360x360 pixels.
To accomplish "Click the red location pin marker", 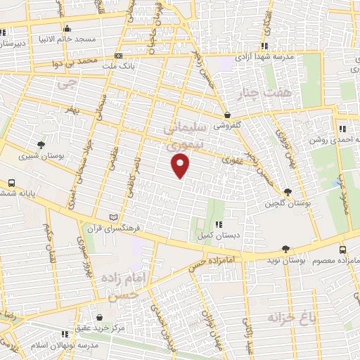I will (181, 167).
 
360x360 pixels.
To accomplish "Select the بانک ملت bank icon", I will (118, 56).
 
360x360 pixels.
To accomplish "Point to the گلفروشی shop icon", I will (227, 115).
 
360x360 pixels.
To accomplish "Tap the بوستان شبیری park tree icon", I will (42, 144).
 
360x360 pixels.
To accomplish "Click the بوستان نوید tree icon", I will (285, 249).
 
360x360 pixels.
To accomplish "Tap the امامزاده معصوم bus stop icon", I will (342, 250).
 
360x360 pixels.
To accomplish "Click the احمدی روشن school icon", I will (342, 129).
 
